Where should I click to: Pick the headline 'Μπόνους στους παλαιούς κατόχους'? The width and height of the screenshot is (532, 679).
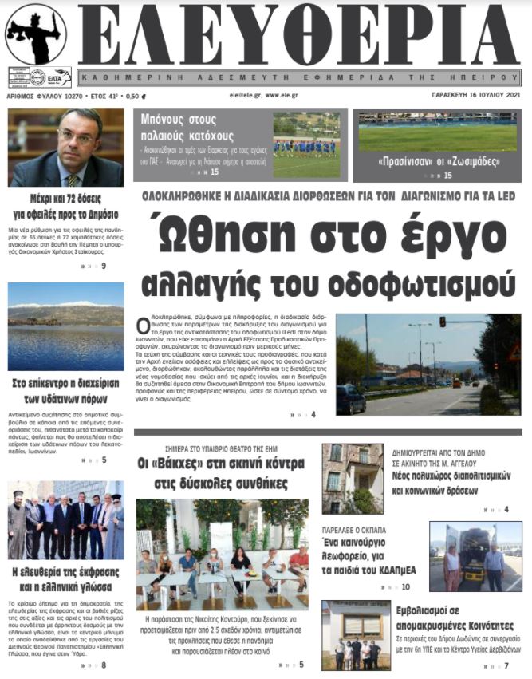187,127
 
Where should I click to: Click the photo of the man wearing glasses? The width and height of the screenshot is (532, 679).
65,147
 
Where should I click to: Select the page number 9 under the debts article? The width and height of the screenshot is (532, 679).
104,266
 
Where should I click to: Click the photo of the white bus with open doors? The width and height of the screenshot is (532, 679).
475,556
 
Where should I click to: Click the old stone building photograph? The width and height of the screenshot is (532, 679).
353,478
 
